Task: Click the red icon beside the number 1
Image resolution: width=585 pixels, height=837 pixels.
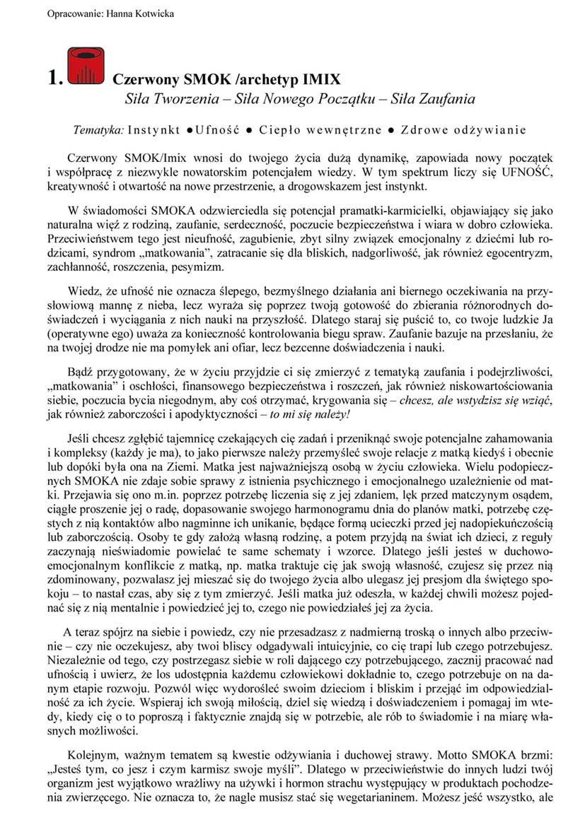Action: [x=86, y=67]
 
